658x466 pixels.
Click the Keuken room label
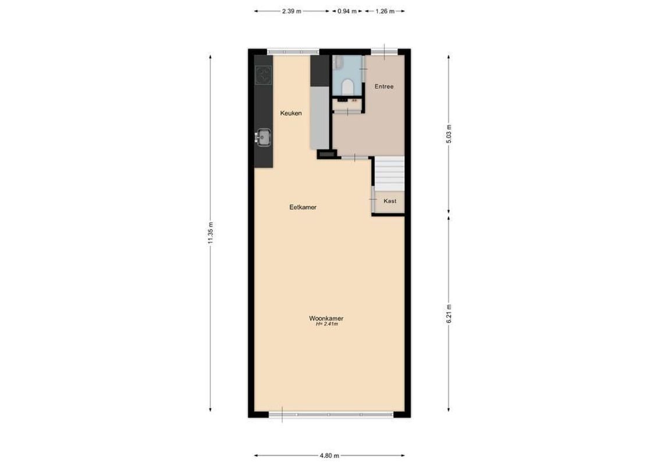291,114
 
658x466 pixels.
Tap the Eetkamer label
303,207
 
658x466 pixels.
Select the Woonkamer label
326,319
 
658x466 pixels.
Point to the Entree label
384,87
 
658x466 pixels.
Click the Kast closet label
390,201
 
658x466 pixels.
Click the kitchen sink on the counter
264,137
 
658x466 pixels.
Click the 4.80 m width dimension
329,456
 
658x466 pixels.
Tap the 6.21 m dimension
449,315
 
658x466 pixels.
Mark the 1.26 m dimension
385,11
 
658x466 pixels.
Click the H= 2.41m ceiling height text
326,325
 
